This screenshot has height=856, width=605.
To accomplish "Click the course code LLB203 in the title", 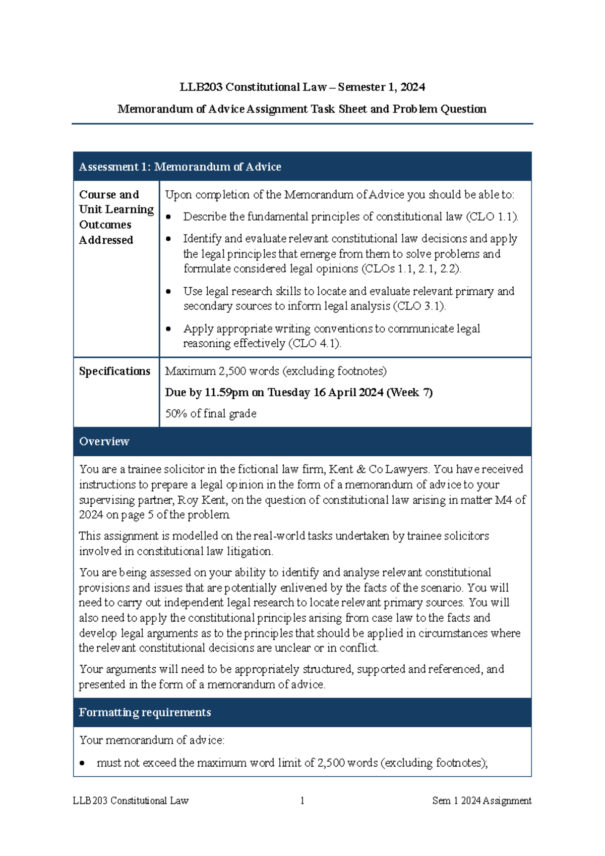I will click(201, 87).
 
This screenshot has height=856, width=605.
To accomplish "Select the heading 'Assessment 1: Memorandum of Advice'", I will click(180, 167).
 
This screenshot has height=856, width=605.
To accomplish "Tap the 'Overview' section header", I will click(104, 442).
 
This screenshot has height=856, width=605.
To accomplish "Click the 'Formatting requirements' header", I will click(145, 713).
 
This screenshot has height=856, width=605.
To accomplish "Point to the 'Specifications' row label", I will click(114, 371).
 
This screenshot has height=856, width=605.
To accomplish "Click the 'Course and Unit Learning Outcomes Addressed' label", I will click(116, 217).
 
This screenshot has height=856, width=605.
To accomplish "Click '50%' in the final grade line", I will click(176, 414).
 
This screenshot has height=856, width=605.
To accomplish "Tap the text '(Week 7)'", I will click(409, 393).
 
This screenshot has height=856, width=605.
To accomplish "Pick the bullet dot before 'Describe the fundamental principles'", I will click(169, 217).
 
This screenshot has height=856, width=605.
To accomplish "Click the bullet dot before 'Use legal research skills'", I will click(169, 292).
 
